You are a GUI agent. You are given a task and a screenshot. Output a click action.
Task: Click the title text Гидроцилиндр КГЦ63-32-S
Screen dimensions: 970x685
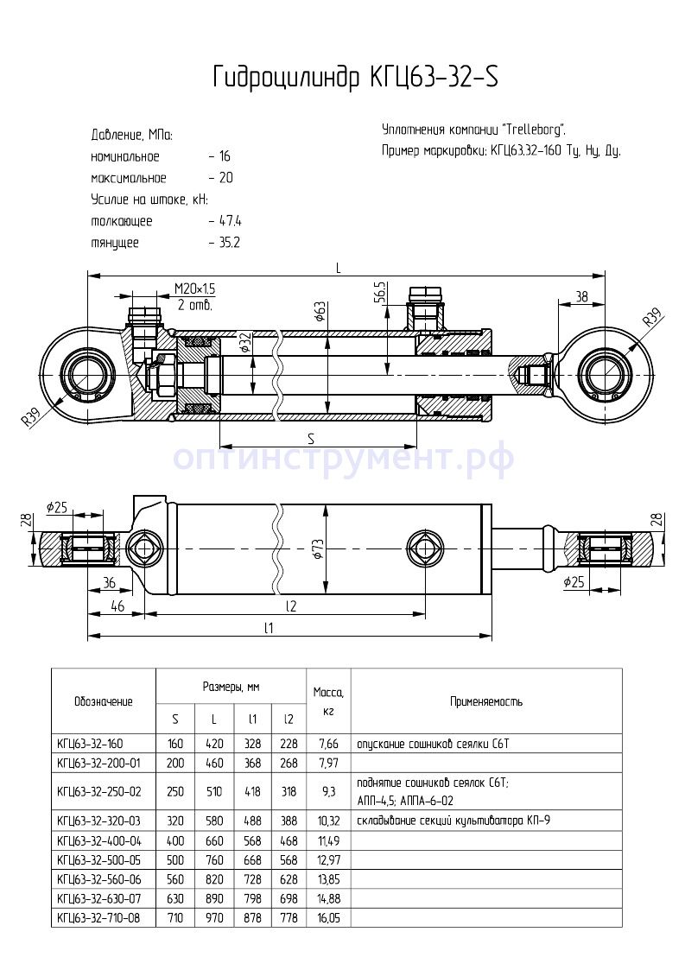tap(355, 78)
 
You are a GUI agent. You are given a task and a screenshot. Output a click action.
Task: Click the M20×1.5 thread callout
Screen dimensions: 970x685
tap(194, 288)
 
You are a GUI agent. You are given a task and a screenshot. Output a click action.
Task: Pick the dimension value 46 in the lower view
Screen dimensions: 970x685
tap(117, 607)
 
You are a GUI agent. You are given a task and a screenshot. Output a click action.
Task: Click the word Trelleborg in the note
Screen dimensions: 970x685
tap(532, 130)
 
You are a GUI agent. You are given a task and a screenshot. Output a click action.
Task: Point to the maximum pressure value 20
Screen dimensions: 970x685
tap(226, 178)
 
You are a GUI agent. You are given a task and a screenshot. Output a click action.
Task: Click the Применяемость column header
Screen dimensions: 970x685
tap(485, 702)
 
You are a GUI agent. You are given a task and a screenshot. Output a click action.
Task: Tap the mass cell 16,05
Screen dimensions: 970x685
tap(329, 917)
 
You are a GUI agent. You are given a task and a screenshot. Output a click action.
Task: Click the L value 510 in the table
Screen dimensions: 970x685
tap(214, 789)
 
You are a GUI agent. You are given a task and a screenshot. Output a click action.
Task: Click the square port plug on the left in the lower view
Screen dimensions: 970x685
tap(143, 548)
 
